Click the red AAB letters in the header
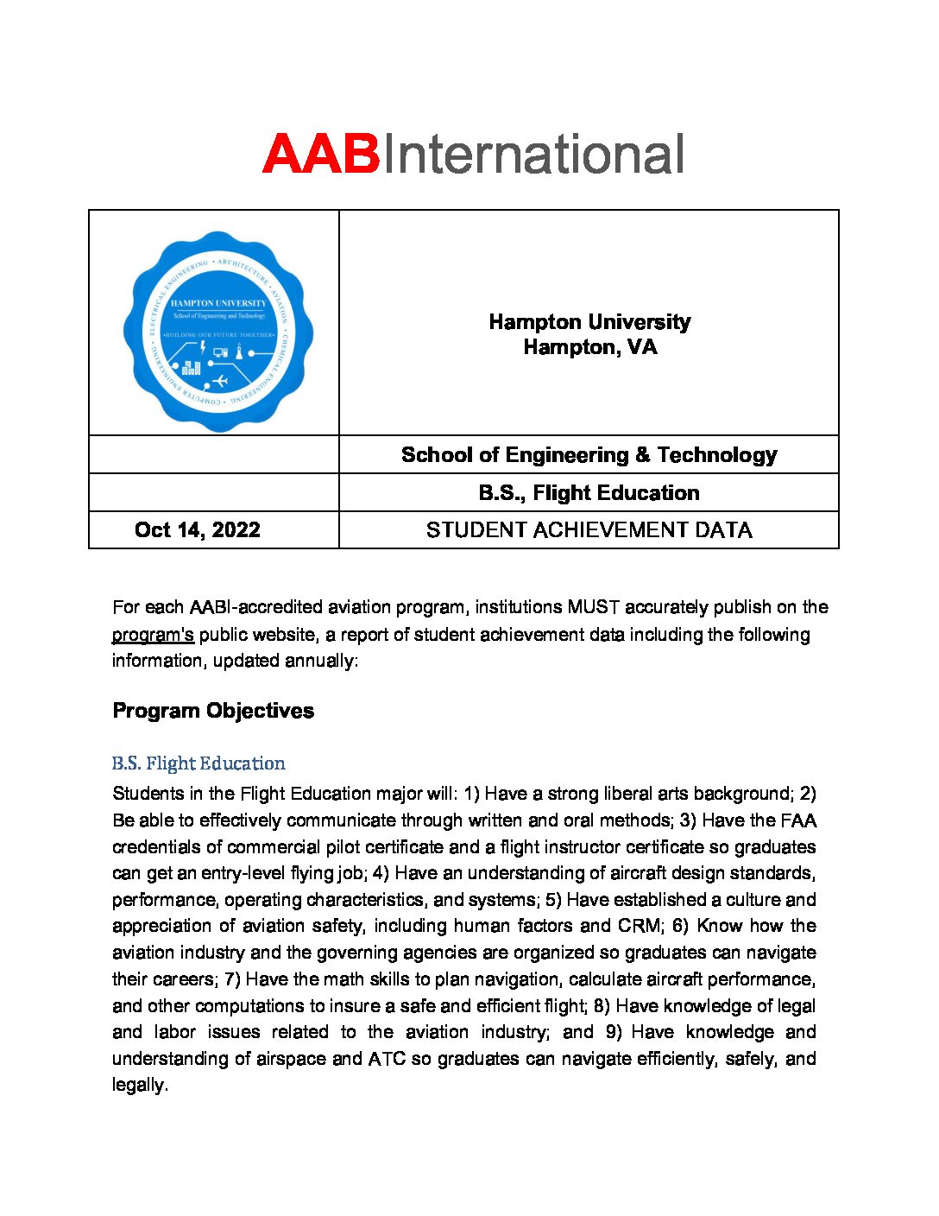[x=321, y=155]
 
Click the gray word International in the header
[x=533, y=155]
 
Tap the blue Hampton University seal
[x=217, y=331]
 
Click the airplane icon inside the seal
[x=219, y=380]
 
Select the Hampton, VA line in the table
[x=589, y=347]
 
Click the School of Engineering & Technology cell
[x=589, y=454]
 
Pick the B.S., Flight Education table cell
[x=589, y=492]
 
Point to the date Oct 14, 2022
[x=197, y=529]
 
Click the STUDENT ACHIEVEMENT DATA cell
[x=589, y=529]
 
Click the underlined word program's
[x=153, y=635]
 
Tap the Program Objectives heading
[x=213, y=711]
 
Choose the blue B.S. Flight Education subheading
[x=199, y=763]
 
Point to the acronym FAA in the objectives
[x=797, y=820]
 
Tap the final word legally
[x=139, y=1085]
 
